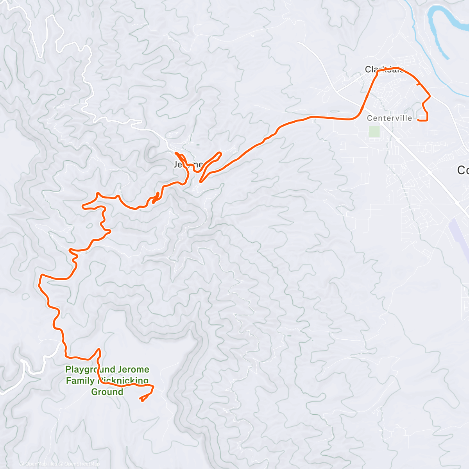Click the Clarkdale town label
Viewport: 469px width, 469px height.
pyautogui.click(x=383, y=70)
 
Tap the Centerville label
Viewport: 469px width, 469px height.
pyautogui.click(x=389, y=118)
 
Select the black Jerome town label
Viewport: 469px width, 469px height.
pyautogui.click(x=188, y=165)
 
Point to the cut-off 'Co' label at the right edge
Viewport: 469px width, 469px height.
pyautogui.click(x=463, y=170)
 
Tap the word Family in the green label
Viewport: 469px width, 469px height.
pyautogui.click(x=80, y=381)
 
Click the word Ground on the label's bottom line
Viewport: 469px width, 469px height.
pyautogui.click(x=107, y=392)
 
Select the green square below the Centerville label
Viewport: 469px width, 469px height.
pyautogui.click(x=374, y=131)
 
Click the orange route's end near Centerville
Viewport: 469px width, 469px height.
pyautogui.click(x=419, y=120)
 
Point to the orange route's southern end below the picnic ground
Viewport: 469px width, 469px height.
pyautogui.click(x=141, y=399)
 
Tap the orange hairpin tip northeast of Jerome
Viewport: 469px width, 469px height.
pyautogui.click(x=220, y=153)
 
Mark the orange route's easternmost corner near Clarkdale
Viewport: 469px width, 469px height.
pyautogui.click(x=430, y=95)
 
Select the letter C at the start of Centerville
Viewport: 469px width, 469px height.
pyautogui.click(x=369, y=118)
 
